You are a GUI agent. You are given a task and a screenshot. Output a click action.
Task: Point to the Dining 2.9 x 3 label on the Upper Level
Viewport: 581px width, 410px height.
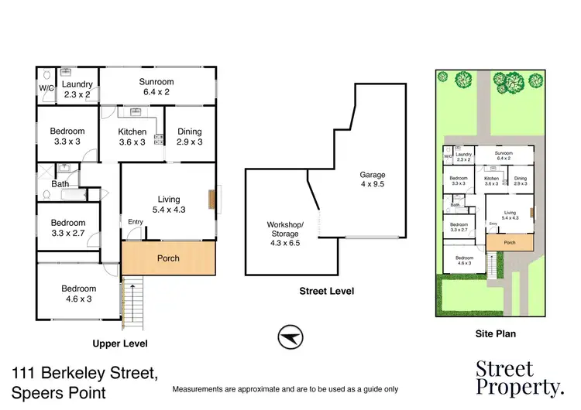click(x=189, y=137)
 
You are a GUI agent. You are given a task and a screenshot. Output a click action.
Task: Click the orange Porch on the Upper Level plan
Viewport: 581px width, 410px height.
click(x=168, y=258)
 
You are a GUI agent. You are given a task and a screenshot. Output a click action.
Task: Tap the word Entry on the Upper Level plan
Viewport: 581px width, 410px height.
click(x=136, y=223)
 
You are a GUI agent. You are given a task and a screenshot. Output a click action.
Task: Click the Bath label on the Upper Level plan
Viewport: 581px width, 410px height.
click(x=60, y=184)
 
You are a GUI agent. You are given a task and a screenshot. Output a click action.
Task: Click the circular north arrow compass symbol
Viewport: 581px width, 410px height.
click(x=291, y=337)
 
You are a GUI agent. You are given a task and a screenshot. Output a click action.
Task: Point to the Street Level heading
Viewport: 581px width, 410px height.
click(x=326, y=292)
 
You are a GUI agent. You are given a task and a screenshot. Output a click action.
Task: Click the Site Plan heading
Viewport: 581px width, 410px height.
click(x=496, y=334)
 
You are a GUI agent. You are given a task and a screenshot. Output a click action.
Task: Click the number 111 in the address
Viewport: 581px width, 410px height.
click(x=26, y=374)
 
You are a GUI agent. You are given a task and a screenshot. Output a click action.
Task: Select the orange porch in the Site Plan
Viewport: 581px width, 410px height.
click(x=510, y=241)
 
